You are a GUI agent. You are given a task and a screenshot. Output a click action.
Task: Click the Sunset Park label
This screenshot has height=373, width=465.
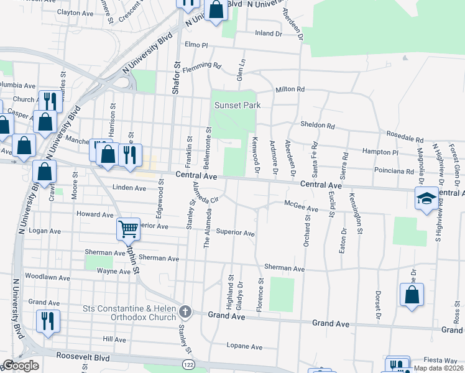(x=237, y=105)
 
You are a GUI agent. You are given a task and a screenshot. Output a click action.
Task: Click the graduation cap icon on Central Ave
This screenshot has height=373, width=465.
(x=426, y=199)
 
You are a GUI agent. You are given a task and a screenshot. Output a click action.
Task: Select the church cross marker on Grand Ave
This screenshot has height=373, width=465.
(x=185, y=310)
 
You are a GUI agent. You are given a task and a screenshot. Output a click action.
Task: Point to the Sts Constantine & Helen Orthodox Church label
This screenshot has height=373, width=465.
(x=129, y=314)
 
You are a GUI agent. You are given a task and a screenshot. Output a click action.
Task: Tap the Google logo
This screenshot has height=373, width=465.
(x=21, y=366)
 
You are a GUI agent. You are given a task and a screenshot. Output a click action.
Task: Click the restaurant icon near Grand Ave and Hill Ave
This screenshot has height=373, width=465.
(x=48, y=321)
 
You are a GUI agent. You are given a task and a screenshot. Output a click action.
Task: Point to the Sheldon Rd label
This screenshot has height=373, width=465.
(x=318, y=125)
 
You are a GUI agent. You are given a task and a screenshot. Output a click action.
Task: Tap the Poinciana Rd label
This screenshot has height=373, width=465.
(x=394, y=171)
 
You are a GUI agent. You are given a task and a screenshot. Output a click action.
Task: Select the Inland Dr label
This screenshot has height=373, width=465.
(x=268, y=34)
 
